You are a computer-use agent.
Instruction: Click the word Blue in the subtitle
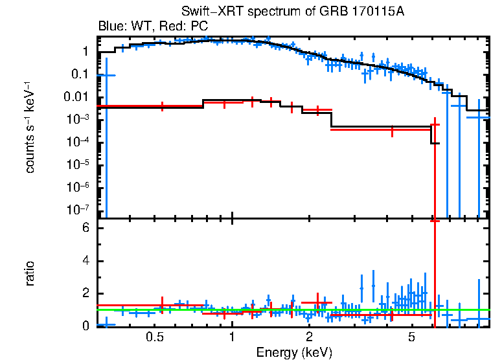111,26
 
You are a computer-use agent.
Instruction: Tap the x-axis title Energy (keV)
293,352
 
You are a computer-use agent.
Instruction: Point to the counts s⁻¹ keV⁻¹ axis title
30,128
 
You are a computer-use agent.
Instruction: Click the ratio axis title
30,273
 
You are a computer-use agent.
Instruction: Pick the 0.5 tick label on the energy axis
154,337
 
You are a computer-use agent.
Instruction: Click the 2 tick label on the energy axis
310,337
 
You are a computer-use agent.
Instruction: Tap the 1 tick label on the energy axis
232,337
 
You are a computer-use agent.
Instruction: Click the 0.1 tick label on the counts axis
80,74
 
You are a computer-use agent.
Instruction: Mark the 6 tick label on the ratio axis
84,229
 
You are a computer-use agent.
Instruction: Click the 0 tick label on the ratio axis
84,326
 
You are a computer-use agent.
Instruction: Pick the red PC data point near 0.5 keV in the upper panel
162,106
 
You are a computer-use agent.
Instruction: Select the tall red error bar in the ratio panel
435,272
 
